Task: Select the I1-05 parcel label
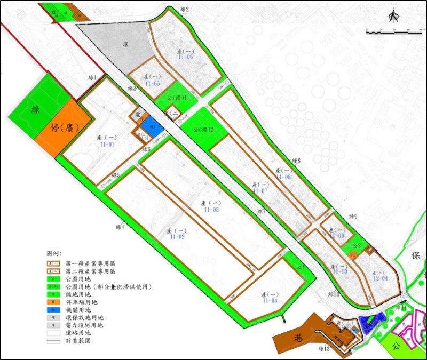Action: click(x=152, y=84)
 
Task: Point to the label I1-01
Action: click(x=107, y=144)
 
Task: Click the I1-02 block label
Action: click(x=177, y=237)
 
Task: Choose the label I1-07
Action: click(x=260, y=191)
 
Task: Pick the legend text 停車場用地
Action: click(x=82, y=301)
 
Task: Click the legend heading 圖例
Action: click(x=55, y=252)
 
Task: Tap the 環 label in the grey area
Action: click(x=126, y=45)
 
